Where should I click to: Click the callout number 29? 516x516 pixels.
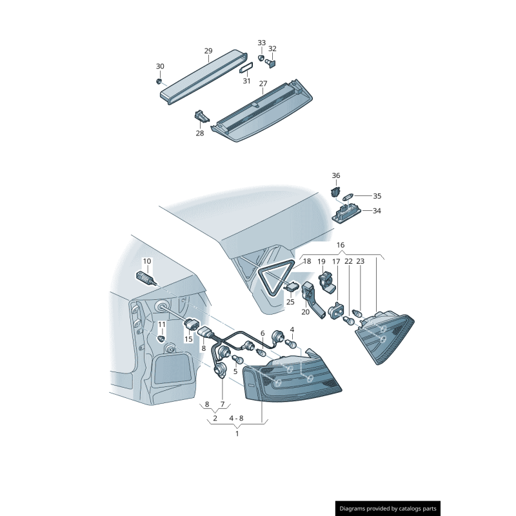[x=208, y=51]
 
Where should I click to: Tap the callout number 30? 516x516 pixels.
[x=160, y=66]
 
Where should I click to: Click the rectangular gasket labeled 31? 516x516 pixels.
[x=246, y=68]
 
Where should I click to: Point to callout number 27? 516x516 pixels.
[x=263, y=84]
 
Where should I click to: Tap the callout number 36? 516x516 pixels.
[x=335, y=175]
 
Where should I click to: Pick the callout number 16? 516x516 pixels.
[x=341, y=245]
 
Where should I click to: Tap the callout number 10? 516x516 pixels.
[x=146, y=261]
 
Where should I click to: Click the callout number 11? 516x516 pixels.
[x=162, y=324]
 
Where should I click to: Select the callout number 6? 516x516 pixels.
[x=263, y=333]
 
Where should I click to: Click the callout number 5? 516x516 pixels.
[x=235, y=372]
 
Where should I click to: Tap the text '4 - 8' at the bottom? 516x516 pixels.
[x=237, y=418]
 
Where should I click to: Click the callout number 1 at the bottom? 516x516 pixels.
[x=237, y=433]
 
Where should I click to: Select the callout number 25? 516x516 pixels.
[x=290, y=302]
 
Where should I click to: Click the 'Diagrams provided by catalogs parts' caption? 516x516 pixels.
[x=388, y=509]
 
